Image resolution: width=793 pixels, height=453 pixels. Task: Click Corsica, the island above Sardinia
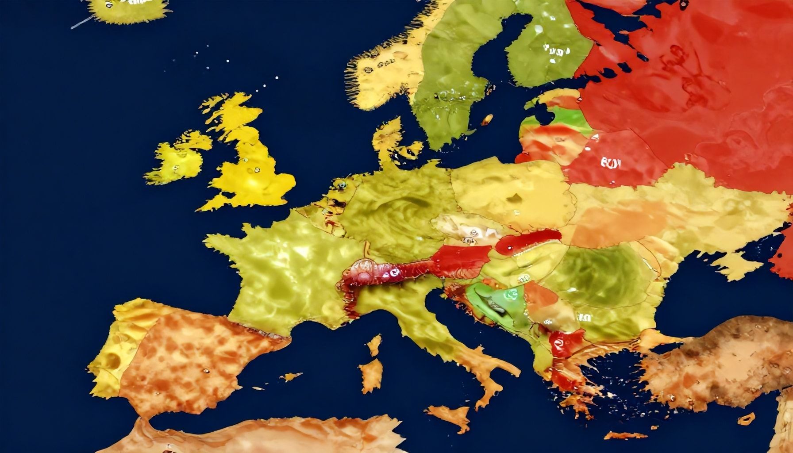(x=375, y=345)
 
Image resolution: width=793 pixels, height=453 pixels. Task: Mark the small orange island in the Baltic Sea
(x=487, y=119)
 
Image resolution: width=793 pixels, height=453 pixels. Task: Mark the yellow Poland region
(x=509, y=190)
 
